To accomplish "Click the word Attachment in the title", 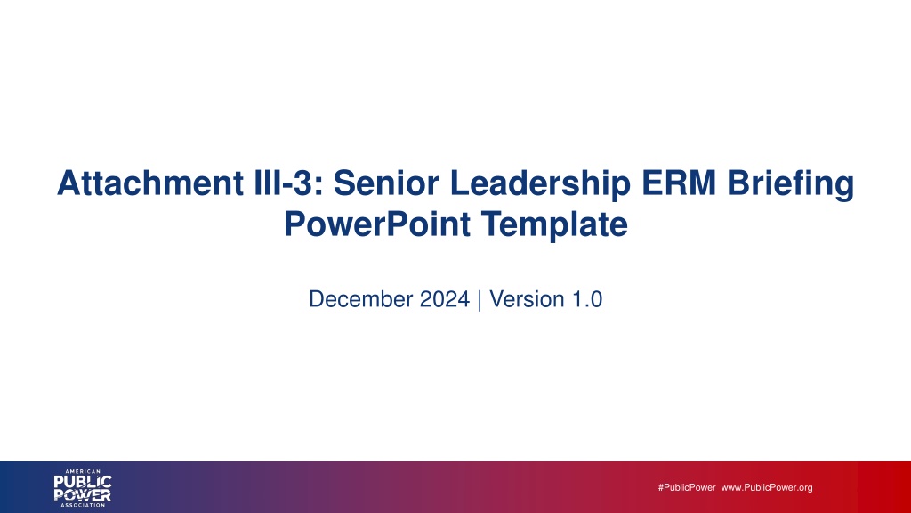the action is [x=150, y=183].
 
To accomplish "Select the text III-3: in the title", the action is [x=289, y=183].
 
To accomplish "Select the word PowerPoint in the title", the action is [x=377, y=224].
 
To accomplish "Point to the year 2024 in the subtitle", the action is [x=445, y=299].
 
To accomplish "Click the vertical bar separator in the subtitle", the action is [x=480, y=300].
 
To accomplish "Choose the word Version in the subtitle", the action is [x=527, y=299].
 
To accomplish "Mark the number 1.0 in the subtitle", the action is [x=587, y=299].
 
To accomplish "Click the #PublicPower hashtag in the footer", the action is [x=687, y=487].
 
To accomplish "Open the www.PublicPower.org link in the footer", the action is [x=767, y=487].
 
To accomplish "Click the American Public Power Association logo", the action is [x=83, y=488].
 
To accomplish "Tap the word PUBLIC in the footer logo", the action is [x=83, y=482].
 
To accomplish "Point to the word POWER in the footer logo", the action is [x=83, y=495].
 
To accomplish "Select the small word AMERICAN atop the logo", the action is [x=83, y=471].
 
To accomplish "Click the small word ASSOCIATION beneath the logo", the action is [x=83, y=505].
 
